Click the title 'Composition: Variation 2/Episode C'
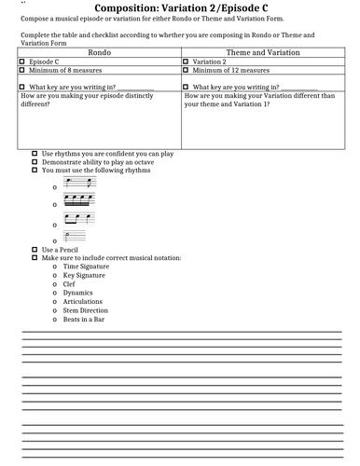click(180, 8)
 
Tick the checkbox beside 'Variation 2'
click(187, 63)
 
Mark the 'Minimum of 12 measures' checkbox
click(187, 72)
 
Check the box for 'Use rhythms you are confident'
click(35, 152)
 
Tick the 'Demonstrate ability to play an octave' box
click(35, 161)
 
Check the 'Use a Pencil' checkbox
click(35, 250)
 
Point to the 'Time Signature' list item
click(87, 267)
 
